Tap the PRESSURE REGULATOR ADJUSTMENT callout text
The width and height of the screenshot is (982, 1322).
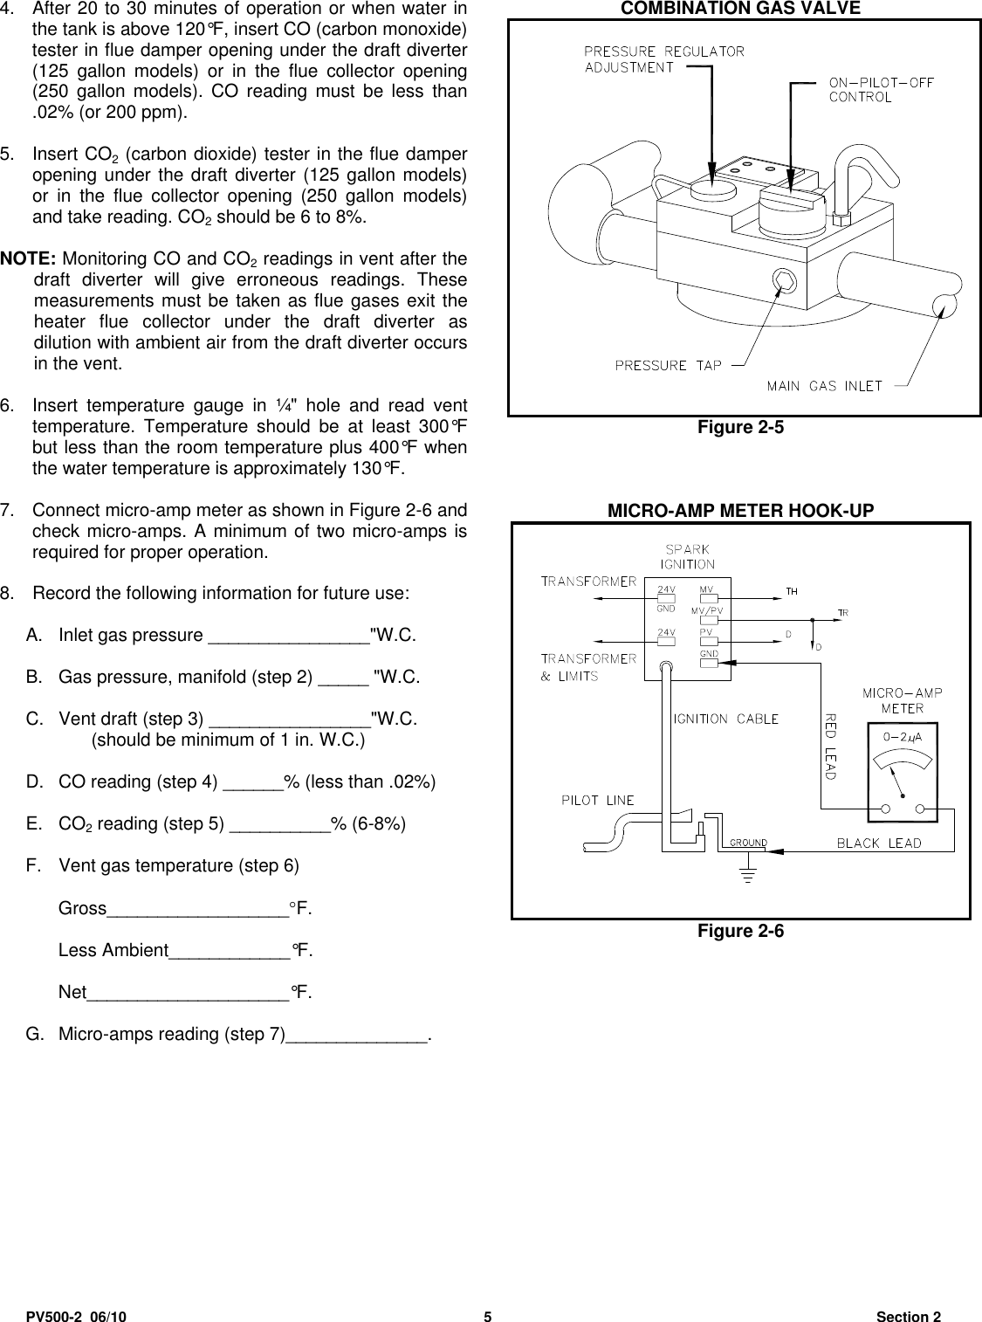point(663,59)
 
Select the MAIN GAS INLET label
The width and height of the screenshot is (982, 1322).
point(824,386)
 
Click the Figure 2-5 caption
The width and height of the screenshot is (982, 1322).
point(740,427)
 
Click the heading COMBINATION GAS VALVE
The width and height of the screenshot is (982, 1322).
point(740,9)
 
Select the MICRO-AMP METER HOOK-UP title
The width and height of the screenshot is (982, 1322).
point(740,511)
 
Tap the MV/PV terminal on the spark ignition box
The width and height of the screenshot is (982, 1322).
point(708,621)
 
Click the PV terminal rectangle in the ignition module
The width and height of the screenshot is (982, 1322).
point(708,642)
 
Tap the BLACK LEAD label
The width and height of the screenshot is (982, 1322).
point(879,843)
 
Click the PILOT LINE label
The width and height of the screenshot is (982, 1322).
point(598,800)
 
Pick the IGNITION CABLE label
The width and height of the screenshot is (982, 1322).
point(725,719)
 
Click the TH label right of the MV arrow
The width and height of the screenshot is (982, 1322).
point(792,591)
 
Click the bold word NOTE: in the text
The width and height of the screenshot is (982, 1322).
point(30,259)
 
